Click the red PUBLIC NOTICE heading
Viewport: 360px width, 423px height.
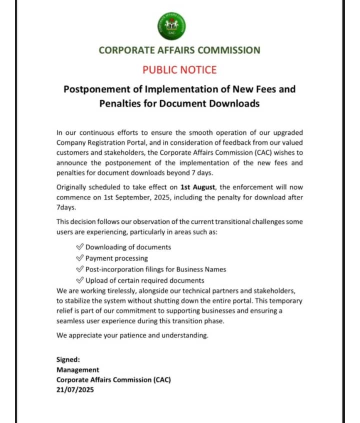tap(179, 69)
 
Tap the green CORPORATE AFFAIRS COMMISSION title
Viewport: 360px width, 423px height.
tap(179, 50)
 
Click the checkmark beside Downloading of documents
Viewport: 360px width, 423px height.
tap(79, 247)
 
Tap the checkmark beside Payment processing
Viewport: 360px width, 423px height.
tap(79, 258)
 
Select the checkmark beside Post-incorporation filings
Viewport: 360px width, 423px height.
tap(79, 269)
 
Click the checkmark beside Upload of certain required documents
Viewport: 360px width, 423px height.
tap(79, 280)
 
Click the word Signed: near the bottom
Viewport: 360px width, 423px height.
tap(68, 359)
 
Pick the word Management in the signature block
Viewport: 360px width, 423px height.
tap(77, 369)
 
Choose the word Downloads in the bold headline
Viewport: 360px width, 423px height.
tap(234, 104)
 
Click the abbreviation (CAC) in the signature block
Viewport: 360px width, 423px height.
tap(160, 380)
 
